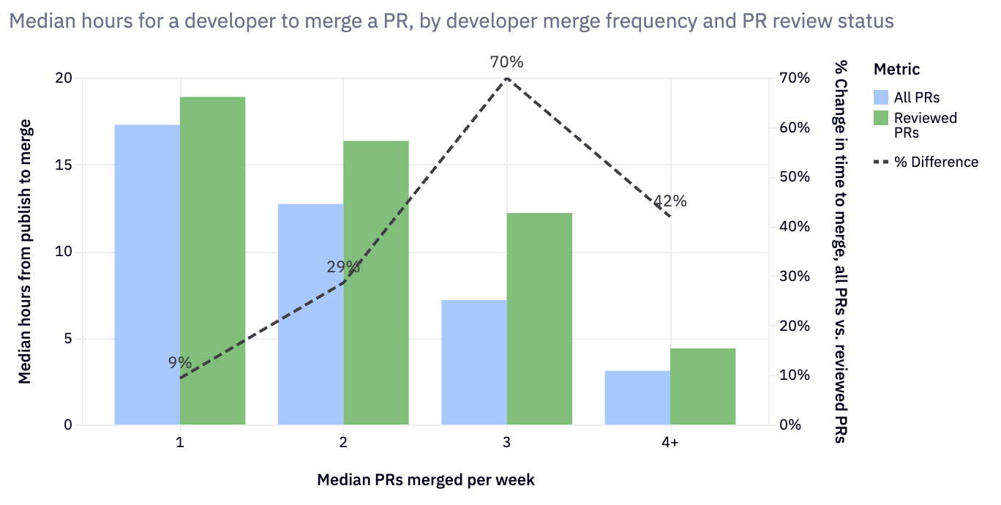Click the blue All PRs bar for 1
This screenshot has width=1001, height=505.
(147, 274)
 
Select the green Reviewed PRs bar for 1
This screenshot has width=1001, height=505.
(212, 261)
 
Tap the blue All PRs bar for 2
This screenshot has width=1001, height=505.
(311, 314)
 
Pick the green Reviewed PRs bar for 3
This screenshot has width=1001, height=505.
(539, 318)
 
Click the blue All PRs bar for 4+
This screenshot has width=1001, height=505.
(637, 397)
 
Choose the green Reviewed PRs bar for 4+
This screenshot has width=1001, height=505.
(702, 386)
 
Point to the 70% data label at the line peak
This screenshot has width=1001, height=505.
(507, 62)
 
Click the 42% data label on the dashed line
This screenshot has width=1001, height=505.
(670, 201)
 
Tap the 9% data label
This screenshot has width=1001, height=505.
(179, 362)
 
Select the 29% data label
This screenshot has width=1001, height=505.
(343, 266)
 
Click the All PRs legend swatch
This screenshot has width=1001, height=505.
(881, 97)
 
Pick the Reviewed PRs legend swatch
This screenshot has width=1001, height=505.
(881, 118)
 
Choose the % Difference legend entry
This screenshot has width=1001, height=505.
(926, 162)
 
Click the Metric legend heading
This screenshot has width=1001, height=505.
(896, 70)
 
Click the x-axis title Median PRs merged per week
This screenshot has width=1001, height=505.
(426, 480)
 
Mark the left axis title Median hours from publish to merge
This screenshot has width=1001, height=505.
(25, 251)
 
